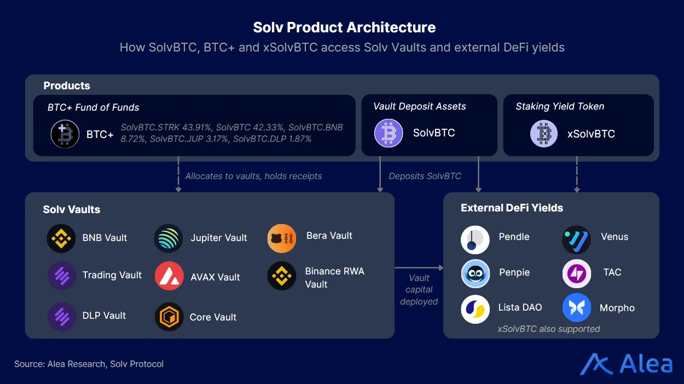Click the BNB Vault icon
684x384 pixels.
click(x=61, y=238)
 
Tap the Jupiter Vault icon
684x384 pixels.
click(x=169, y=238)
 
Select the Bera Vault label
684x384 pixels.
click(x=329, y=236)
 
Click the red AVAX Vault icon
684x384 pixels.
click(x=169, y=276)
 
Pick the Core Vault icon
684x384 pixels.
click(x=169, y=317)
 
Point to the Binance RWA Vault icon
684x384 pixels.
click(x=281, y=277)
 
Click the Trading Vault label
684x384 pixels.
click(x=112, y=275)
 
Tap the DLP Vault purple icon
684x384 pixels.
click(x=61, y=317)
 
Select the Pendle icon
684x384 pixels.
click(x=474, y=239)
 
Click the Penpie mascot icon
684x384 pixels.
click(x=474, y=273)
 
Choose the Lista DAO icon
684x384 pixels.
click(x=474, y=308)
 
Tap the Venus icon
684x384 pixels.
click(x=576, y=239)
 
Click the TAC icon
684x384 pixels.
click(x=576, y=273)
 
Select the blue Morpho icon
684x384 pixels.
click(x=576, y=308)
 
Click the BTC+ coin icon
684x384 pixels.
click(x=65, y=134)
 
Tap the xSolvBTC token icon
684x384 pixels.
click(x=544, y=134)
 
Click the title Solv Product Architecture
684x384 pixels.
click(x=344, y=27)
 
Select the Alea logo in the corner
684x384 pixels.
click(x=626, y=364)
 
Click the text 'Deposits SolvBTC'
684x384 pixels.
click(x=425, y=176)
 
